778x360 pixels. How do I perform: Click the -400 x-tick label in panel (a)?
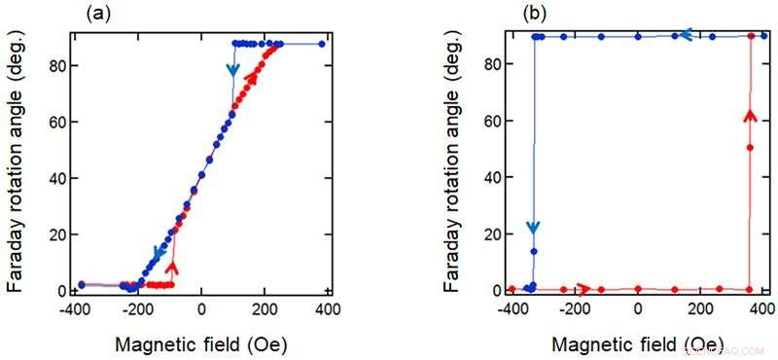click(x=75, y=310)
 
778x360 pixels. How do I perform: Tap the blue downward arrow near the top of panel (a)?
click(x=232, y=69)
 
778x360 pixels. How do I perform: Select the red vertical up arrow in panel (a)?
click(x=173, y=265)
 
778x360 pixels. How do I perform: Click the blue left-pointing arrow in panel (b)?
click(x=685, y=35)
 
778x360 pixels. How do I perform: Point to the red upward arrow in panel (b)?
click(x=750, y=117)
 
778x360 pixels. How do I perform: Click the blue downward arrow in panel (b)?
click(x=533, y=228)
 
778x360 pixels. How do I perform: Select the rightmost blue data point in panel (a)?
click(x=322, y=44)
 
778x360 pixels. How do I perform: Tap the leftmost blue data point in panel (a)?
click(x=82, y=284)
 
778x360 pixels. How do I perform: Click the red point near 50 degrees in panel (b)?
click(x=750, y=148)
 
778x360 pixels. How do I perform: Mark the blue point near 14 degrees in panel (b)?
click(x=534, y=251)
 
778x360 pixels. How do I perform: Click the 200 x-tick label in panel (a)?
click(x=263, y=310)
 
